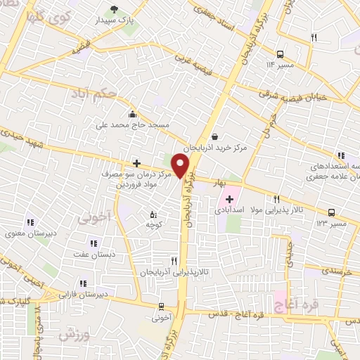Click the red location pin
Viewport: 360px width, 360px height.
pyautogui.click(x=181, y=166)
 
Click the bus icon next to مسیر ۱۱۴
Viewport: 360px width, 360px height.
pyautogui.click(x=280, y=53)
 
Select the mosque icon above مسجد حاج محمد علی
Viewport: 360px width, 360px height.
pyautogui.click(x=131, y=114)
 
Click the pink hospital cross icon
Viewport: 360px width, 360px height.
pyautogui.click(x=229, y=200)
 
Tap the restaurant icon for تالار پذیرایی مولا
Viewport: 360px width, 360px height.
pyautogui.click(x=276, y=199)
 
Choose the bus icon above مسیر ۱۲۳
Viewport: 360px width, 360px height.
pyautogui.click(x=330, y=212)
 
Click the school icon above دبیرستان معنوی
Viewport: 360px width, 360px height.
pyautogui.click(x=30, y=223)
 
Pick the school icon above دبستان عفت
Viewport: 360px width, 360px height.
pyautogui.click(x=83, y=245)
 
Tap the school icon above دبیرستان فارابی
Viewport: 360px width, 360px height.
pyautogui.click(x=83, y=283)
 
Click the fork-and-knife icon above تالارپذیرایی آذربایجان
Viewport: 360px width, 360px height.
pyautogui.click(x=174, y=260)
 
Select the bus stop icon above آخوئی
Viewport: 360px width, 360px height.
pyautogui.click(x=162, y=306)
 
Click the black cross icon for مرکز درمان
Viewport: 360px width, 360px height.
pyautogui.click(x=136, y=163)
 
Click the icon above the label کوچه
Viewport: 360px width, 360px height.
pyautogui.click(x=153, y=214)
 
